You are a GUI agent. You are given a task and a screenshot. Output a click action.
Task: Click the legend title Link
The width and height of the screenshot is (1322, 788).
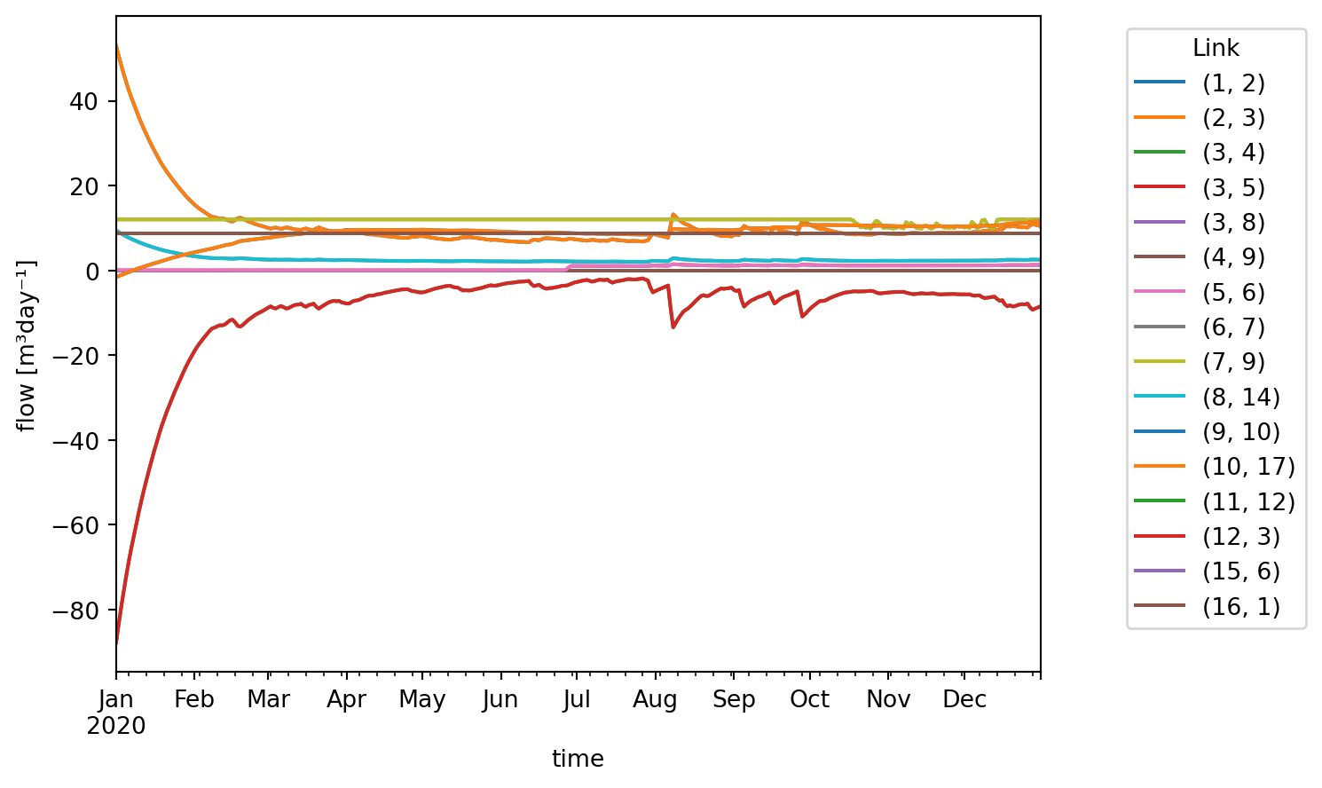(1216, 48)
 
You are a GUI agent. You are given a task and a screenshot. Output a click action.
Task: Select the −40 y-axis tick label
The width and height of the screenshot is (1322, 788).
(88, 440)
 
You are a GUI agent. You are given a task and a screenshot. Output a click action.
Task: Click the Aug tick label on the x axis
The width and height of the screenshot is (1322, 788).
(656, 700)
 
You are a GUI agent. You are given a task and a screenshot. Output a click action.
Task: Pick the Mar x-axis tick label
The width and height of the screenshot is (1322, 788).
(268, 700)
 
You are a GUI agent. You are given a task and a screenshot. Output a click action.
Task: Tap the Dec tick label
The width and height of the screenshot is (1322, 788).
(964, 700)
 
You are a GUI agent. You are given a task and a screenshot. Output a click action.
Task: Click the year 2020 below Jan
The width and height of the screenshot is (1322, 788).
(116, 727)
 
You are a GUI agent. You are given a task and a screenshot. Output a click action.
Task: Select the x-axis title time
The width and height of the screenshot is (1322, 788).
(578, 759)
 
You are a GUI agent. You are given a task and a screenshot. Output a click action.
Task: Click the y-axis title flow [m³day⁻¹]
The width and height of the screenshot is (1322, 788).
(27, 345)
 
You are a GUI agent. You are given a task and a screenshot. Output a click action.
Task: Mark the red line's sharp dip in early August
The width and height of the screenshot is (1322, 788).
(673, 327)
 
